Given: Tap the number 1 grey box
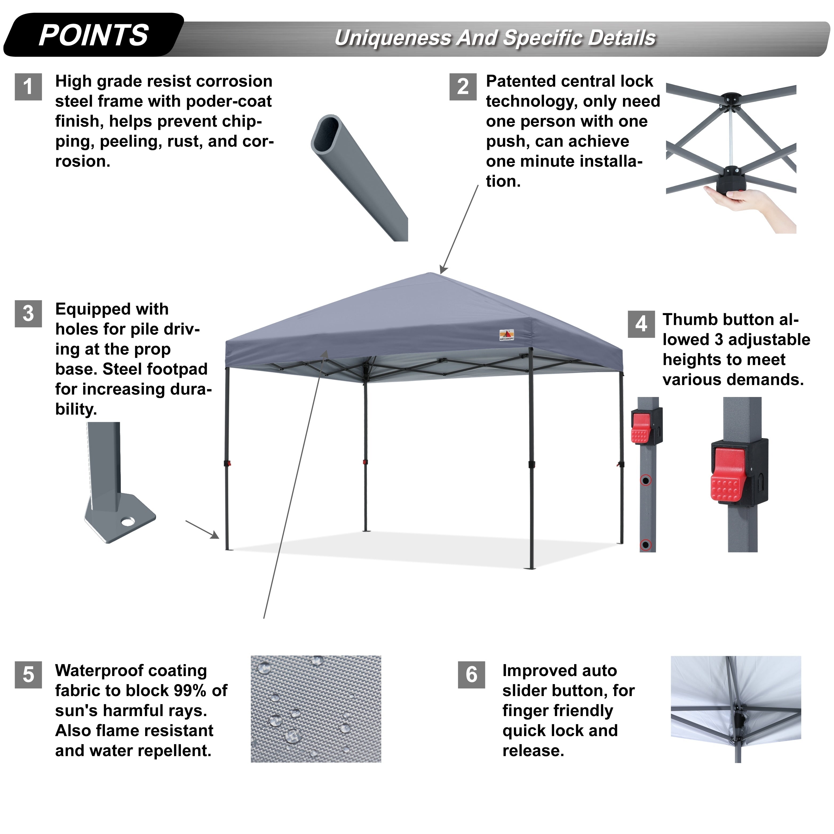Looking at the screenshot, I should (28, 87).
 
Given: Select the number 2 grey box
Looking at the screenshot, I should (463, 87).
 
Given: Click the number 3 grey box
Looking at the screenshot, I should (28, 314).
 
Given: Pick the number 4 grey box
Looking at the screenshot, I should (641, 324).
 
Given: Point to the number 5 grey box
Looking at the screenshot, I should (28, 675).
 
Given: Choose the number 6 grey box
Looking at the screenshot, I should (471, 675).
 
